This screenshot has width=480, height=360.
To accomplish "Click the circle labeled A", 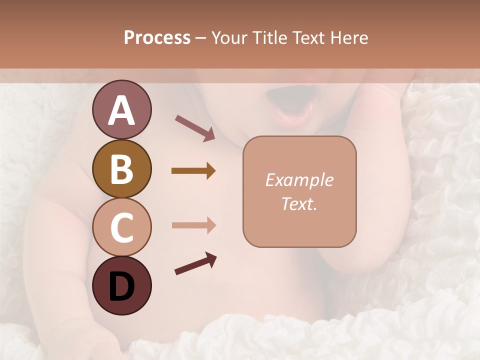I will (x=121, y=109).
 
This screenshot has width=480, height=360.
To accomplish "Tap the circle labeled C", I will (x=121, y=227).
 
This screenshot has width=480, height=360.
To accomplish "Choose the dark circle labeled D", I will (x=121, y=286).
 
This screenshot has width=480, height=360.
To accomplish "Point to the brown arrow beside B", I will (x=193, y=171).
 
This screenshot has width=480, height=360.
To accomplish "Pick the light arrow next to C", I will (x=193, y=225).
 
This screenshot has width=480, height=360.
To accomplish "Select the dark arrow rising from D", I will (x=195, y=264).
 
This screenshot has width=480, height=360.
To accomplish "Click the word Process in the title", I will (x=157, y=37).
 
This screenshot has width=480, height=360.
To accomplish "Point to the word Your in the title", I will (x=228, y=37).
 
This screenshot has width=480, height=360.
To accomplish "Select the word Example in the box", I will (x=299, y=180).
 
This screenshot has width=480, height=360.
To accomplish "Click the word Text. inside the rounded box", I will (x=299, y=204).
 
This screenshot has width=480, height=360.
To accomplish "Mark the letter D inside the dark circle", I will (x=121, y=286).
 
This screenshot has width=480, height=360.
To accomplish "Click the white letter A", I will (x=121, y=110).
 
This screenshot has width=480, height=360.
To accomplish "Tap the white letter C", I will (x=121, y=228).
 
